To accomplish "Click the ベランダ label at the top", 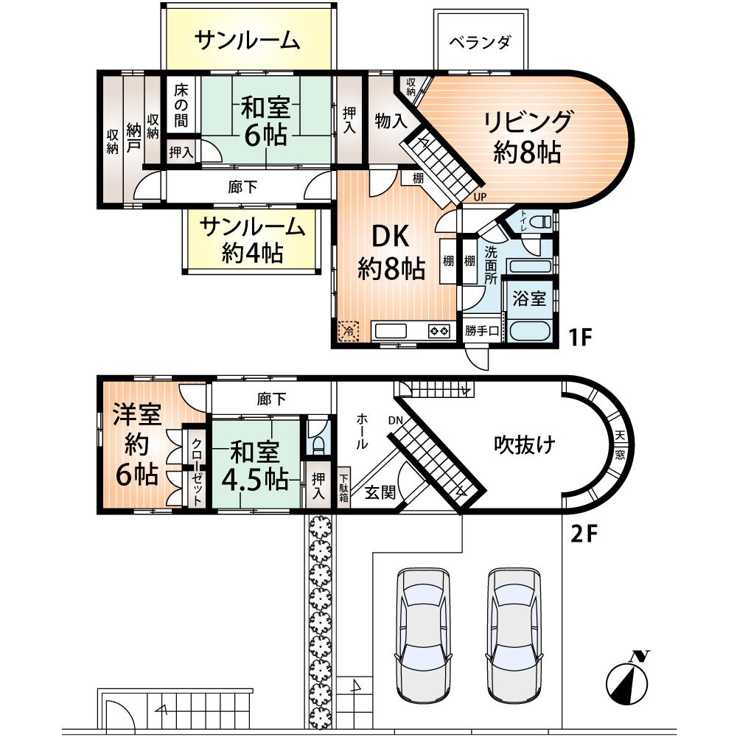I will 480,41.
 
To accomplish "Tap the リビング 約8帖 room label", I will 528,136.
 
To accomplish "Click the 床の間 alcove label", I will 181,105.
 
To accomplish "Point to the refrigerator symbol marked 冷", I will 349,331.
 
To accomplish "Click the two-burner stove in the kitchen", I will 439,332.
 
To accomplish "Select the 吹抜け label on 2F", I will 524,444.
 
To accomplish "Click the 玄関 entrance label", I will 380,492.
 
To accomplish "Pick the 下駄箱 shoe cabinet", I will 343,487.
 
